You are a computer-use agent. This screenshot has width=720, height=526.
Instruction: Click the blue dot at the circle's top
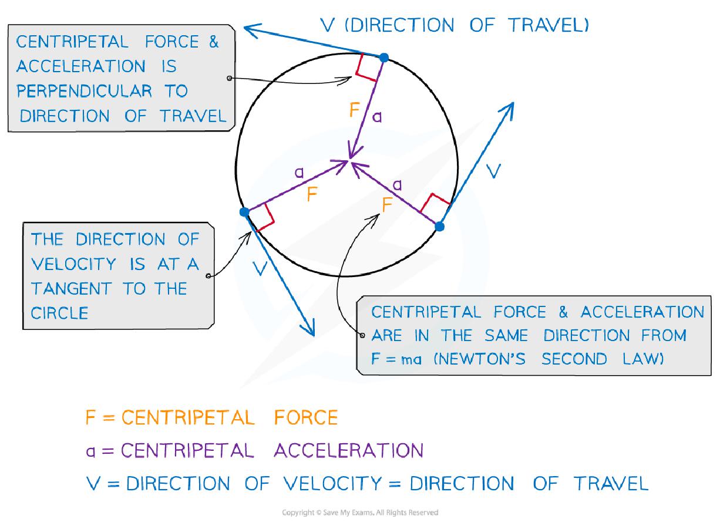pos(383,57)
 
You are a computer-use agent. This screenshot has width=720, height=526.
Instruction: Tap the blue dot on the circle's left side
pos(245,212)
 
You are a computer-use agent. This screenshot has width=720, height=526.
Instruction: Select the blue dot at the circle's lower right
pos(439,225)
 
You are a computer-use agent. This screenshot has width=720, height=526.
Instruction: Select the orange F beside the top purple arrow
pos(355,110)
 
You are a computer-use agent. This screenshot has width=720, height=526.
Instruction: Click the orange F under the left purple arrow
pos(312,195)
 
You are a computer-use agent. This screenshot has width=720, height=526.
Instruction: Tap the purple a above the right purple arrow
pos(398,185)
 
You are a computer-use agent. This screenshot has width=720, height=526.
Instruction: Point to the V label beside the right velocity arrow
pos(494,171)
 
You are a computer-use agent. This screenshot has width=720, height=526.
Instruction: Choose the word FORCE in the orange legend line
pos(306,417)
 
